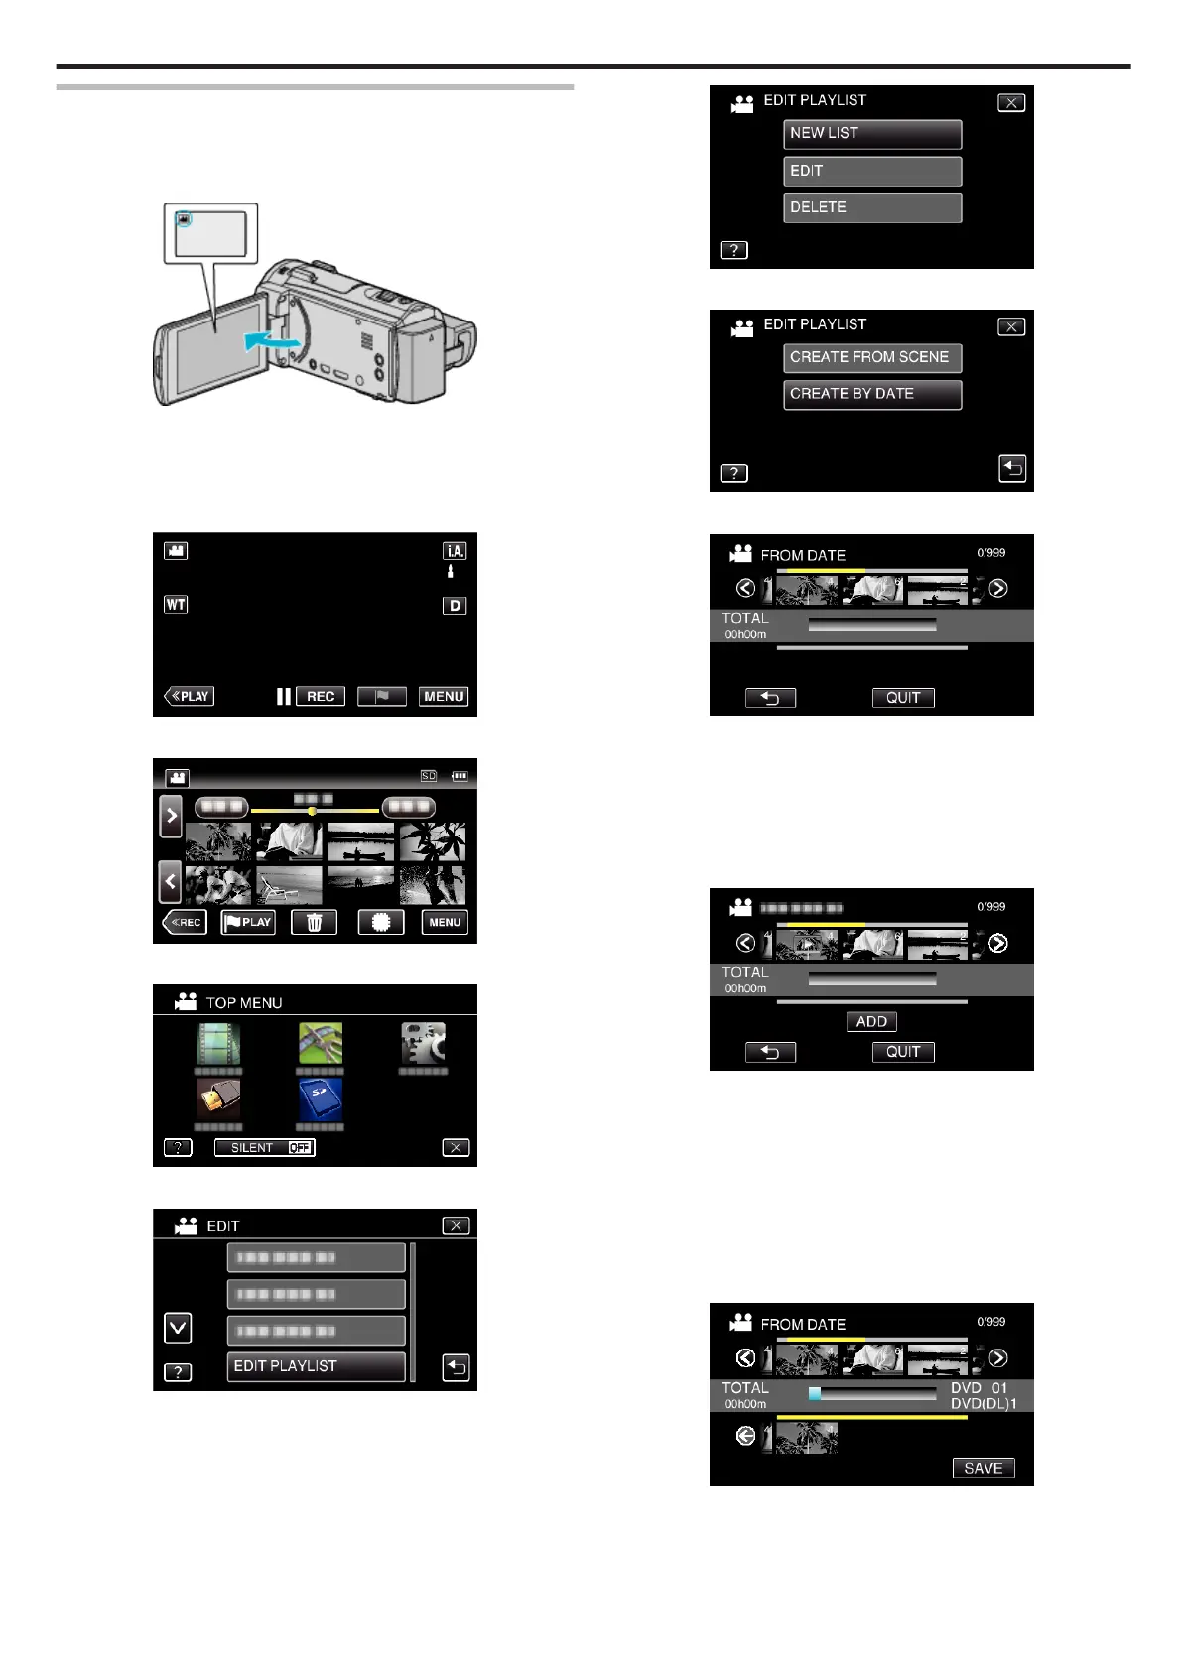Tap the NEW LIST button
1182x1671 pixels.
tap(871, 134)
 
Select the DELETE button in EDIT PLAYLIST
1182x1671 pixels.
tap(871, 208)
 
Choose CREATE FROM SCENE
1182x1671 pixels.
tap(871, 358)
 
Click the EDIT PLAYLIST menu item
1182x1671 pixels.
tap(316, 1366)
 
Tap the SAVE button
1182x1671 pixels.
tap(983, 1468)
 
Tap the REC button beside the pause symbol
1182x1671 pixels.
tap(320, 696)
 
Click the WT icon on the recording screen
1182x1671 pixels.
tap(176, 604)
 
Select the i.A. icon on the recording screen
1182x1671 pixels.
tap(455, 551)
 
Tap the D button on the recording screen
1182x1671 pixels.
tap(455, 605)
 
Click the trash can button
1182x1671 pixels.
tap(314, 922)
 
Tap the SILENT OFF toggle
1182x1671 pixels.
tap(265, 1148)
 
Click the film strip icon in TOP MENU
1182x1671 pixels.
tap(218, 1044)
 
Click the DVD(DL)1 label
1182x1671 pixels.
tap(983, 1404)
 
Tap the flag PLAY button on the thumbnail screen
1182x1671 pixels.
tap(248, 922)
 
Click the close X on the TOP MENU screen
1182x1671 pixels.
tap(455, 1148)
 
